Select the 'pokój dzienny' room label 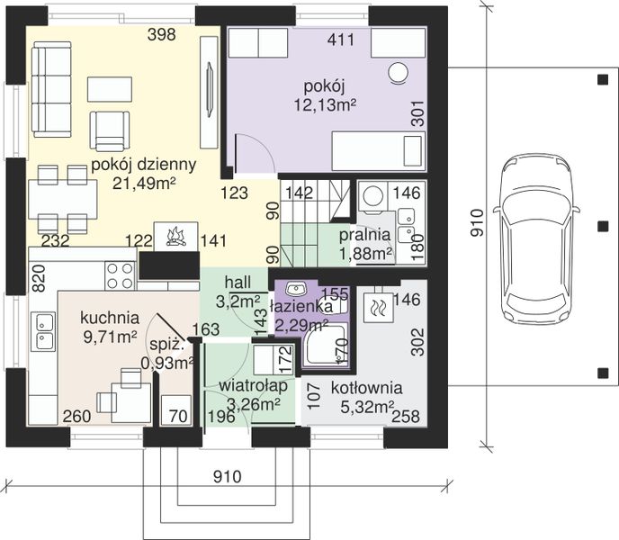click(143, 165)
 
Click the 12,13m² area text click(326, 104)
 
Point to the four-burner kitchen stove click(121, 276)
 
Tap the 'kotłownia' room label click(366, 388)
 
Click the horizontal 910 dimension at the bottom click(228, 476)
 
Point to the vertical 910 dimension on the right click(477, 223)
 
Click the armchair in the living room click(110, 130)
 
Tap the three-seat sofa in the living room click(51, 90)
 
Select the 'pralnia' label click(364, 235)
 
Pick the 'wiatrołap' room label click(253, 386)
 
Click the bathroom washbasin click(296, 289)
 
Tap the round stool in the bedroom click(398, 73)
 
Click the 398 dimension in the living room click(161, 35)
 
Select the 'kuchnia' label click(110, 318)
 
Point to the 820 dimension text click(39, 278)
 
